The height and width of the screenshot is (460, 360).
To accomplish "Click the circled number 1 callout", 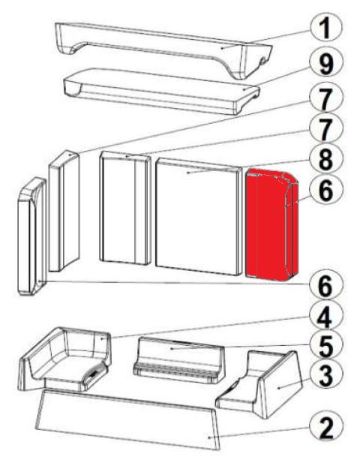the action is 326,27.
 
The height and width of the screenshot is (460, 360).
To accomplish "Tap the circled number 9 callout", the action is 326,63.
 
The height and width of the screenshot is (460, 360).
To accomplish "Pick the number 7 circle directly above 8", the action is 326,129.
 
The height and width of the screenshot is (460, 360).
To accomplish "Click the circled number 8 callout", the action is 326,160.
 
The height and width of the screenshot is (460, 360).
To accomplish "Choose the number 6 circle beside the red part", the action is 326,191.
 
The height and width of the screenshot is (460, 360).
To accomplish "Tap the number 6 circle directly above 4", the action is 326,285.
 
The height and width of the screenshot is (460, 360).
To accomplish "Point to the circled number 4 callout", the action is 326,317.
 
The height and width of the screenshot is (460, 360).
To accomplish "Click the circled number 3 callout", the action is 326,376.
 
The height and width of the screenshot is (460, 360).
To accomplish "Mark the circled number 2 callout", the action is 326,428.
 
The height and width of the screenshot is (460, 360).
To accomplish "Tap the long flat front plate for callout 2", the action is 127,419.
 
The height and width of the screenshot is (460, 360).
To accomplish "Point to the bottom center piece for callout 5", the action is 178,360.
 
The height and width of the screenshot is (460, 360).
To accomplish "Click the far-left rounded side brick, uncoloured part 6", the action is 31,236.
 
